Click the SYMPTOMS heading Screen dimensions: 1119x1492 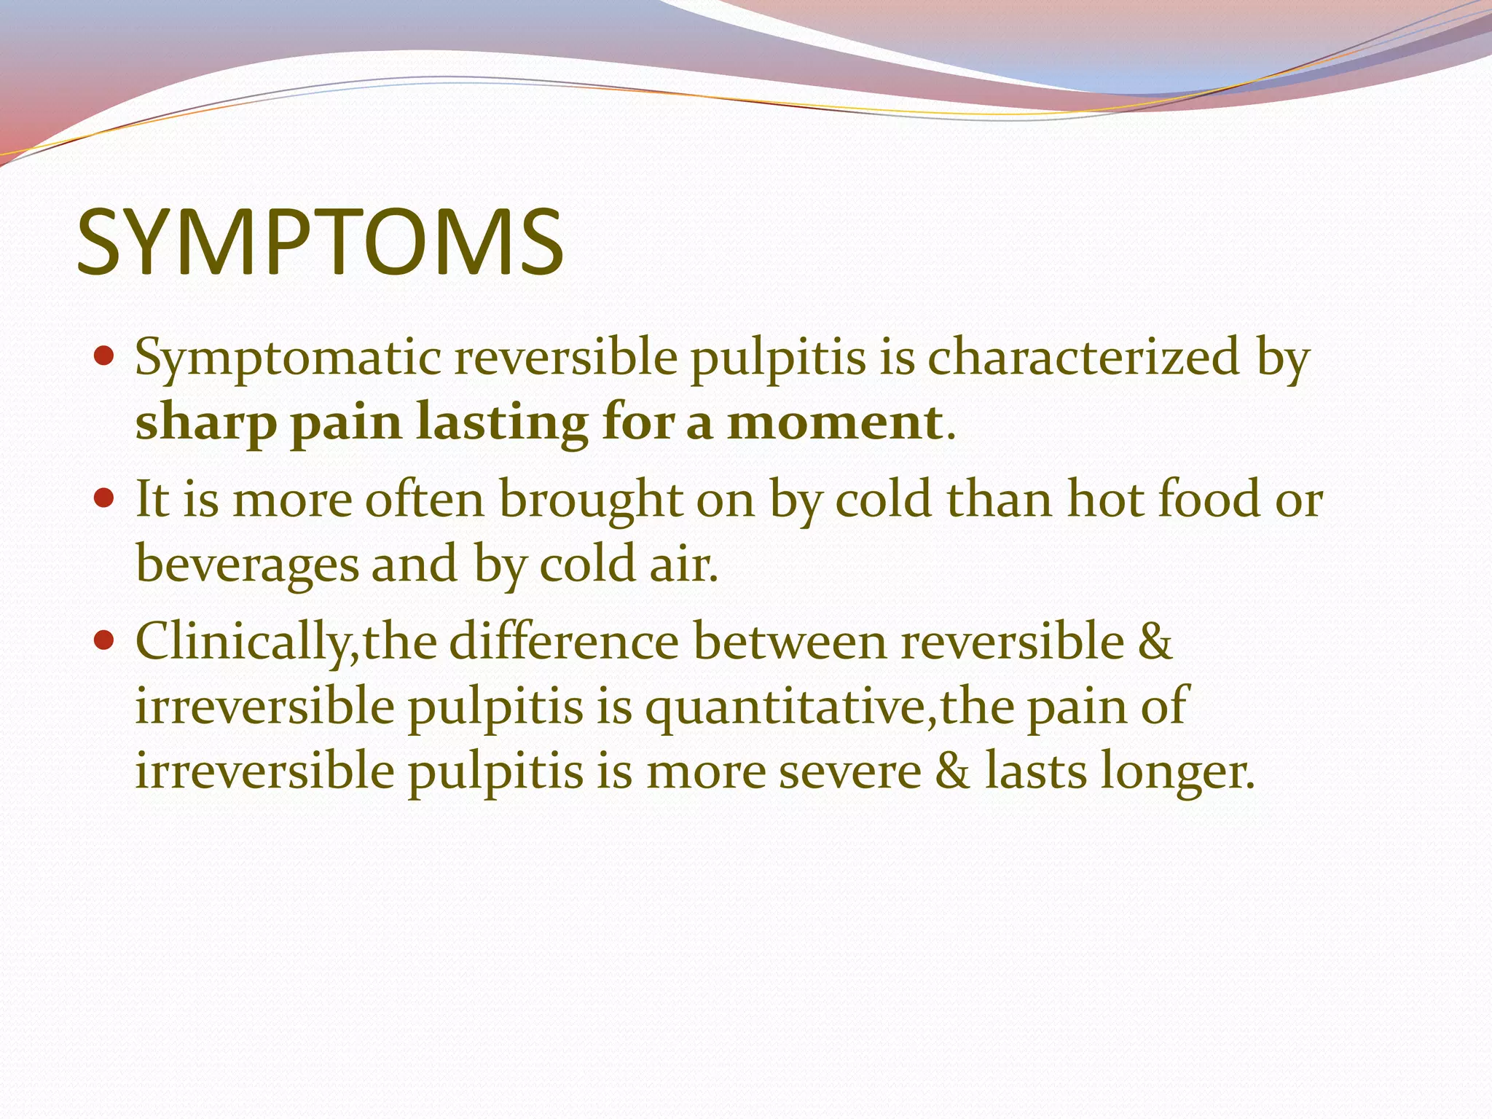pyautogui.click(x=320, y=243)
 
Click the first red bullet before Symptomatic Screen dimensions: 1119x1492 pyautogui.click(x=105, y=357)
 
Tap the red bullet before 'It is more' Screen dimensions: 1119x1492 pyautogui.click(x=105, y=499)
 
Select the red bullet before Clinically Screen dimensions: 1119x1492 pyautogui.click(x=105, y=640)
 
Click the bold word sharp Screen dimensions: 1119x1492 pyautogui.click(x=206, y=423)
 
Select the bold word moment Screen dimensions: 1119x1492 pyautogui.click(x=835, y=422)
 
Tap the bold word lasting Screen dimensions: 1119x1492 pyautogui.click(x=502, y=423)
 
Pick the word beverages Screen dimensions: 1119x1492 pyautogui.click(x=248, y=565)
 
